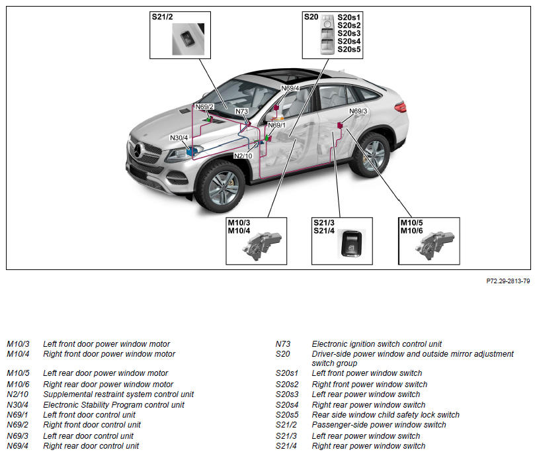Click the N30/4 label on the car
179,138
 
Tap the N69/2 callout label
204,107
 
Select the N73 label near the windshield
241,112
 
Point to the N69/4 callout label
290,88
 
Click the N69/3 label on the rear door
358,112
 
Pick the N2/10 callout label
243,156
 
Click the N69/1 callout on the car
276,125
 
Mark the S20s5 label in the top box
349,49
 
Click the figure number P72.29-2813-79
508,281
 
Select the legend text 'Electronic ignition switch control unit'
377,344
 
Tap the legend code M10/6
19,385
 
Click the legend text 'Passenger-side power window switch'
379,425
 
